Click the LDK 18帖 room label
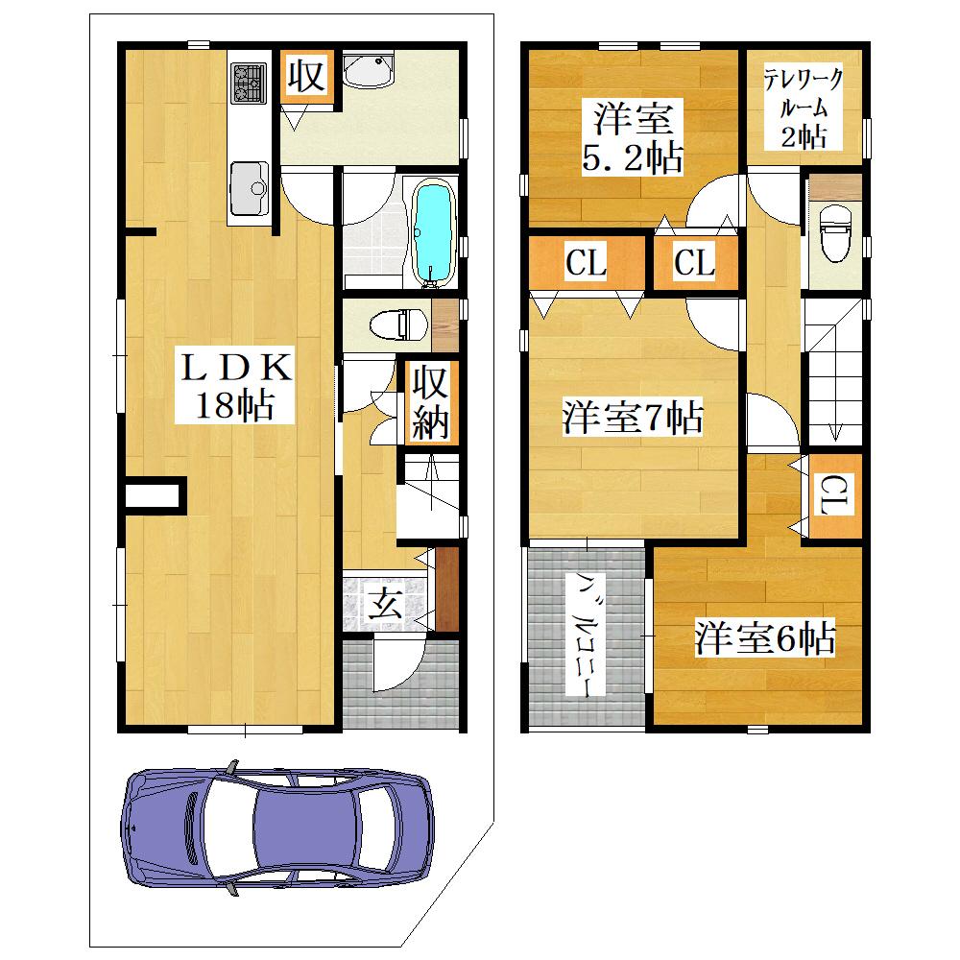coord(234,385)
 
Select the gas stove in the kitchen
coord(249,84)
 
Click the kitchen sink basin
coord(250,188)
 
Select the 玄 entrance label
coord(385,603)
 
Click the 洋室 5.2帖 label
coord(633,137)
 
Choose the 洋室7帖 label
coord(633,418)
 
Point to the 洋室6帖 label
coord(765,637)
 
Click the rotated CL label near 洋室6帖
coord(832,495)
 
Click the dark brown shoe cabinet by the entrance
coord(447,588)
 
